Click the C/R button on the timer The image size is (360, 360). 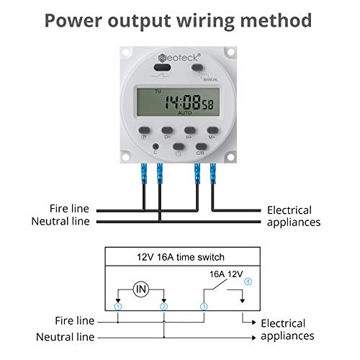199,147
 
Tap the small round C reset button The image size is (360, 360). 154,146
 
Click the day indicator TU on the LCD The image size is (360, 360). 157,91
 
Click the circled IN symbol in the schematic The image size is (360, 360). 141,289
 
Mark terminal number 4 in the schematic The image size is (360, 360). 248,281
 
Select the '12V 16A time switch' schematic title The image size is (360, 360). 180,257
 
